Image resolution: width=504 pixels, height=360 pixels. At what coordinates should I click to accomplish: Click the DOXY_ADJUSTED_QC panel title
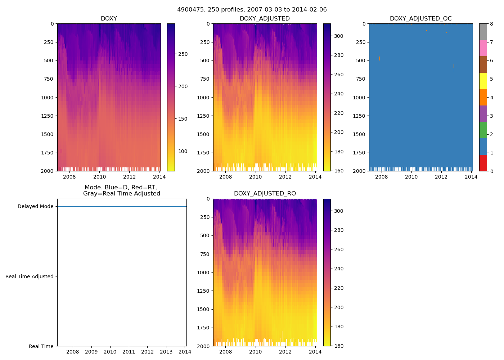(x=420, y=19)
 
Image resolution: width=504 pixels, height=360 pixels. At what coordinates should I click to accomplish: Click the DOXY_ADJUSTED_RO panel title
(x=265, y=194)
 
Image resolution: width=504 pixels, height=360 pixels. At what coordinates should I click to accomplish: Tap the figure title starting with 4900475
(x=252, y=10)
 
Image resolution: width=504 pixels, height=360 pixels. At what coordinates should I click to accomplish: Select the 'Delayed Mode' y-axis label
(x=35, y=207)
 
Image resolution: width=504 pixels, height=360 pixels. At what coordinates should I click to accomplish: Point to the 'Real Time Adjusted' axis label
(x=30, y=276)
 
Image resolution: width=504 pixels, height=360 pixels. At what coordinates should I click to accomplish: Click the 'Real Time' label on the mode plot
(x=41, y=346)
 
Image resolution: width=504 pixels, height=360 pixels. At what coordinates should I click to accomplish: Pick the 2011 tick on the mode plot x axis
(x=129, y=352)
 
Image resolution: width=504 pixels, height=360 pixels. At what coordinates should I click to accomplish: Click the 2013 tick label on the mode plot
(x=166, y=352)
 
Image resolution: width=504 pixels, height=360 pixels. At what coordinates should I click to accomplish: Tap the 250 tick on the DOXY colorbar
(x=183, y=54)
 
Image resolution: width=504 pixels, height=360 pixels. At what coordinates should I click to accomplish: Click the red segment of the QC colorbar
(x=483, y=163)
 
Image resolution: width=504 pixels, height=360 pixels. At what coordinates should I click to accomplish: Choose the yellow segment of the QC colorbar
(x=483, y=81)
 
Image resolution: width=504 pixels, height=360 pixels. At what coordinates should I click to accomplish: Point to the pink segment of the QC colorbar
(x=483, y=48)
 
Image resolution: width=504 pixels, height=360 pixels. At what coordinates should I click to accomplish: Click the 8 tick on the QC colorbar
(x=491, y=24)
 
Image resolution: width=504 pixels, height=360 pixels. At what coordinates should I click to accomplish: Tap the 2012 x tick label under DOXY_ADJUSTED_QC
(x=441, y=177)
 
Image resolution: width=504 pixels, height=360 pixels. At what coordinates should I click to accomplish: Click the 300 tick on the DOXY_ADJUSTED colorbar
(x=339, y=36)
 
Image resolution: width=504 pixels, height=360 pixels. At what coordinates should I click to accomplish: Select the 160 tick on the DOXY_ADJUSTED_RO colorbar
(x=339, y=346)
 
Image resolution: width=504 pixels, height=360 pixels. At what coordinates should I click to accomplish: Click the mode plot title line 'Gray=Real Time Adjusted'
(x=122, y=194)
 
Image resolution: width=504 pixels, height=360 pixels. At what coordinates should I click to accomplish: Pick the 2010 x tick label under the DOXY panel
(x=99, y=177)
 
